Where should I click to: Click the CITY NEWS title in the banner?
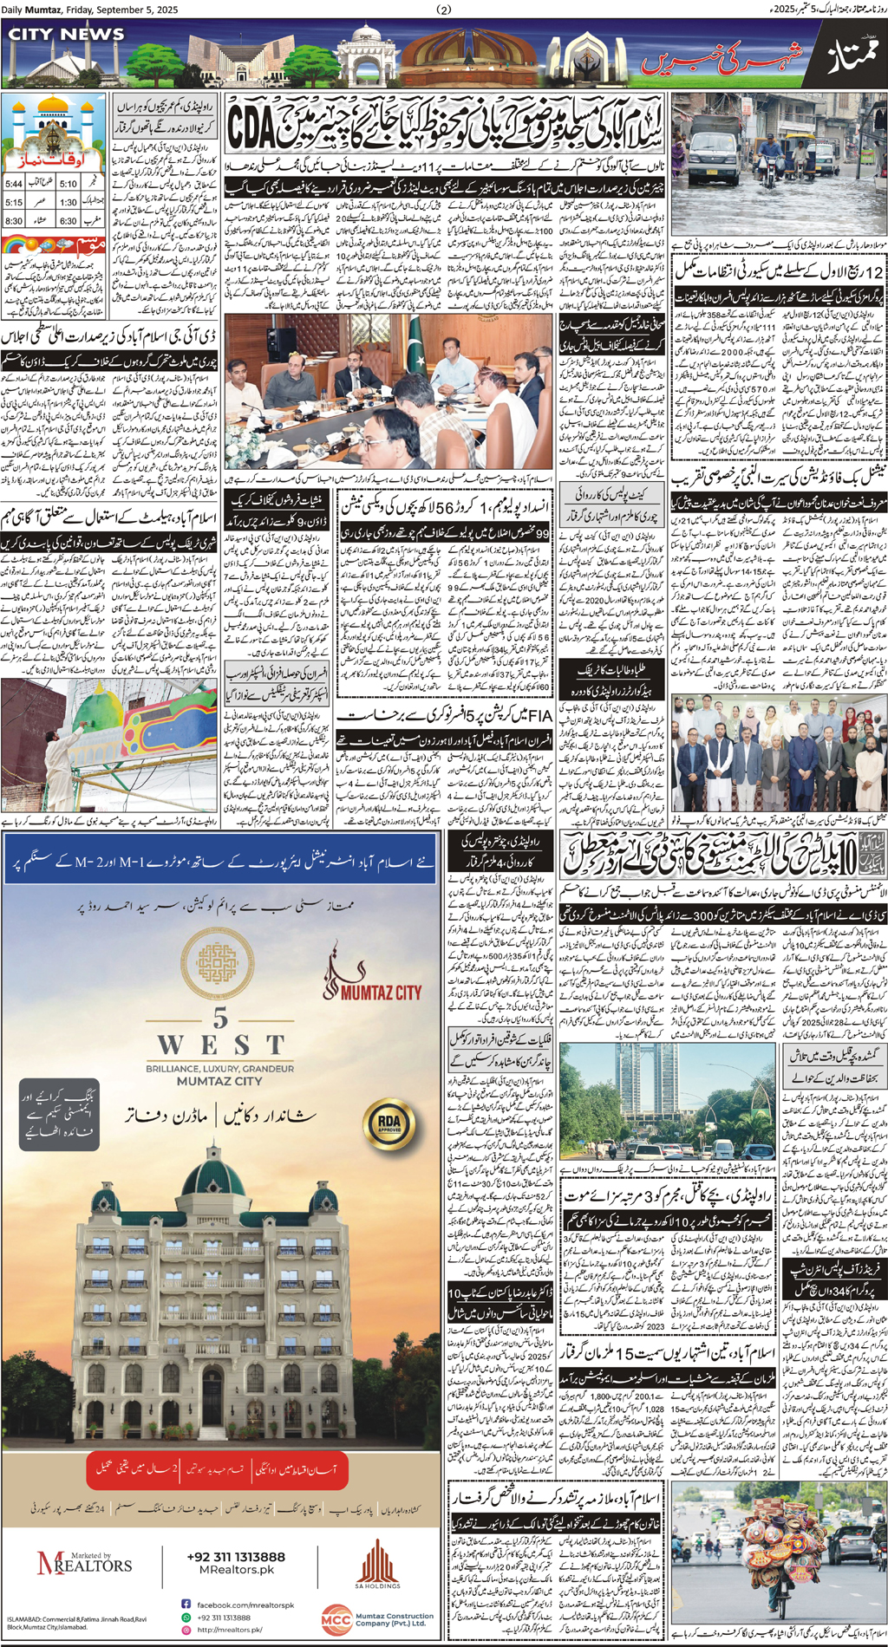tap(66, 35)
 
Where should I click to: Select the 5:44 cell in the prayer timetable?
tap(14, 184)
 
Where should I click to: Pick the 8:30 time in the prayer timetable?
tap(14, 221)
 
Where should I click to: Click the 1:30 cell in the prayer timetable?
tap(69, 202)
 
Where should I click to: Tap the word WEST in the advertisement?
tap(221, 1045)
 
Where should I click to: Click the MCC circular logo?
tap(336, 1619)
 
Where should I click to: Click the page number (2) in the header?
tap(444, 10)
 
